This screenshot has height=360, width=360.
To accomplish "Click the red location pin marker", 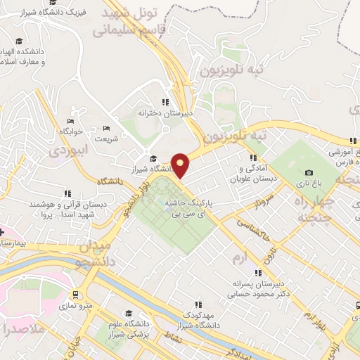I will pyautogui.click(x=181, y=165).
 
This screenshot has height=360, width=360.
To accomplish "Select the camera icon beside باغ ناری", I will pyautogui.click(x=309, y=173).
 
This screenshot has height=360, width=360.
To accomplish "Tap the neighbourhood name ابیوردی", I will pyautogui.click(x=69, y=150).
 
